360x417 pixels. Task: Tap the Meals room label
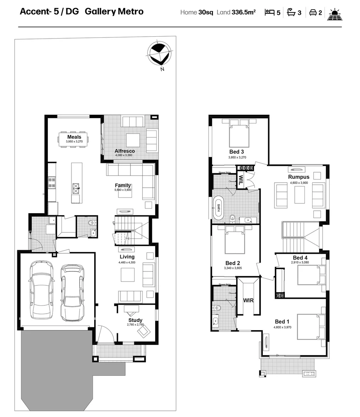click(x=74, y=137)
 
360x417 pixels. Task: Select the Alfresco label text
click(x=125, y=151)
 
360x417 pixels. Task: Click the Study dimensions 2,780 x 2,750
click(x=135, y=325)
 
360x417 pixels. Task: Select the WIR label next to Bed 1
click(x=248, y=300)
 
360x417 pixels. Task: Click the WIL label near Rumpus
click(x=241, y=180)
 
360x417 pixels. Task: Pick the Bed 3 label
click(x=237, y=152)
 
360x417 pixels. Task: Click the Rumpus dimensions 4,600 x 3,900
click(x=299, y=182)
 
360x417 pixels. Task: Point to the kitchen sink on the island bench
click(x=76, y=189)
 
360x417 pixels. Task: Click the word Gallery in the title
click(x=98, y=11)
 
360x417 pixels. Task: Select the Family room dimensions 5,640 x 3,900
click(x=123, y=190)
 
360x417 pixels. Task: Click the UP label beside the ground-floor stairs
click(x=113, y=223)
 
